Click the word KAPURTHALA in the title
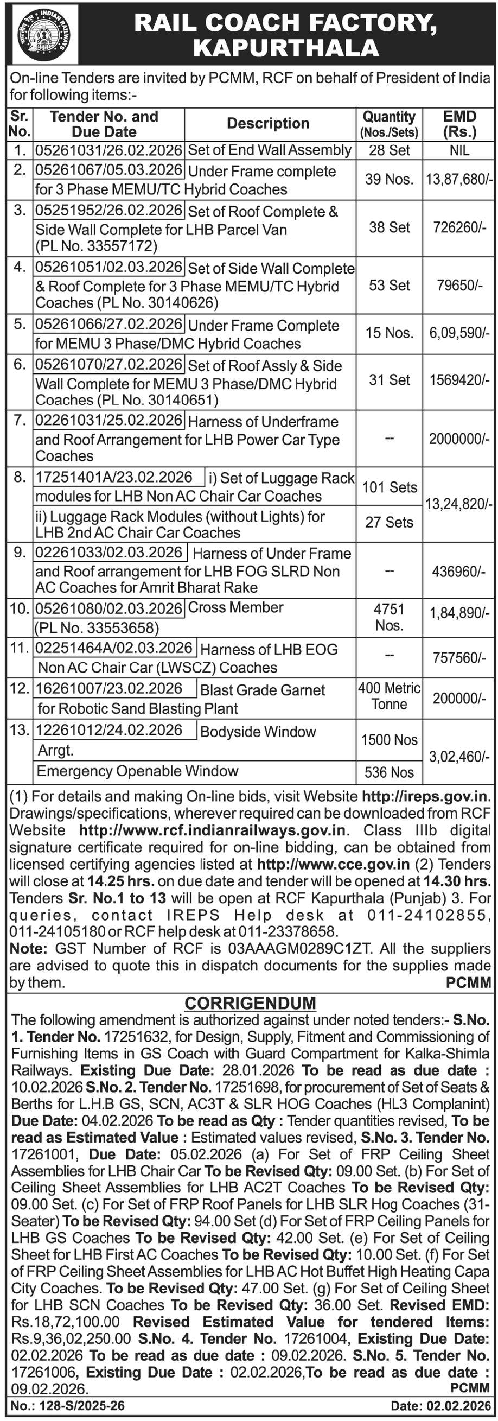click(x=286, y=48)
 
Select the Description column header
click(x=268, y=123)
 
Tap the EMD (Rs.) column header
click(x=459, y=124)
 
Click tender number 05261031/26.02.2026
click(x=108, y=150)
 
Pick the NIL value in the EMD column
click(x=459, y=150)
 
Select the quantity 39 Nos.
click(x=390, y=179)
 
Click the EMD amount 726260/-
click(x=459, y=227)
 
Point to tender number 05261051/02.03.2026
click(x=108, y=268)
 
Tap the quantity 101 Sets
click(x=390, y=487)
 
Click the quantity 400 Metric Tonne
click(x=390, y=696)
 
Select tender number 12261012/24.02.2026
click(x=108, y=730)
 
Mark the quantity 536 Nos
click(x=390, y=772)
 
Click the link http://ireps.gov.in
click(x=426, y=796)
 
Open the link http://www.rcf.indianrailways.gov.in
click(x=212, y=830)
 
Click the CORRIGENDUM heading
click(x=251, y=1003)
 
